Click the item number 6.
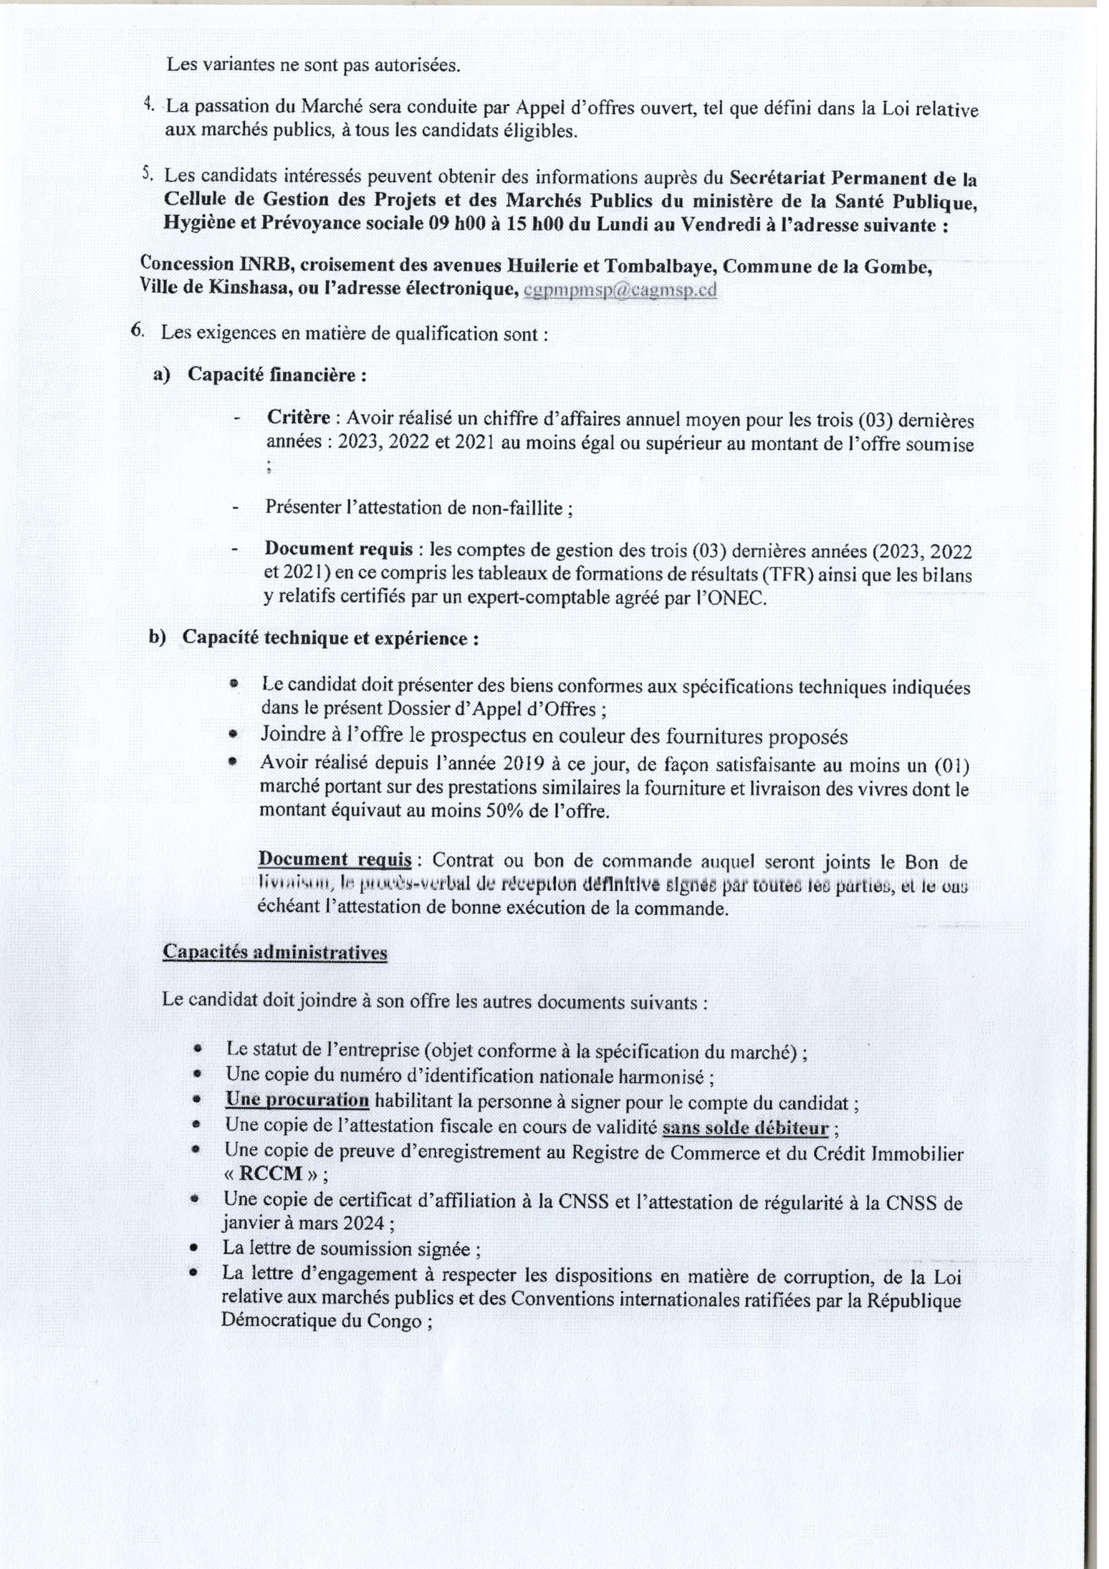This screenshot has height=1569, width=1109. click(x=137, y=331)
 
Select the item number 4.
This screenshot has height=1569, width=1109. click(x=148, y=105)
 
